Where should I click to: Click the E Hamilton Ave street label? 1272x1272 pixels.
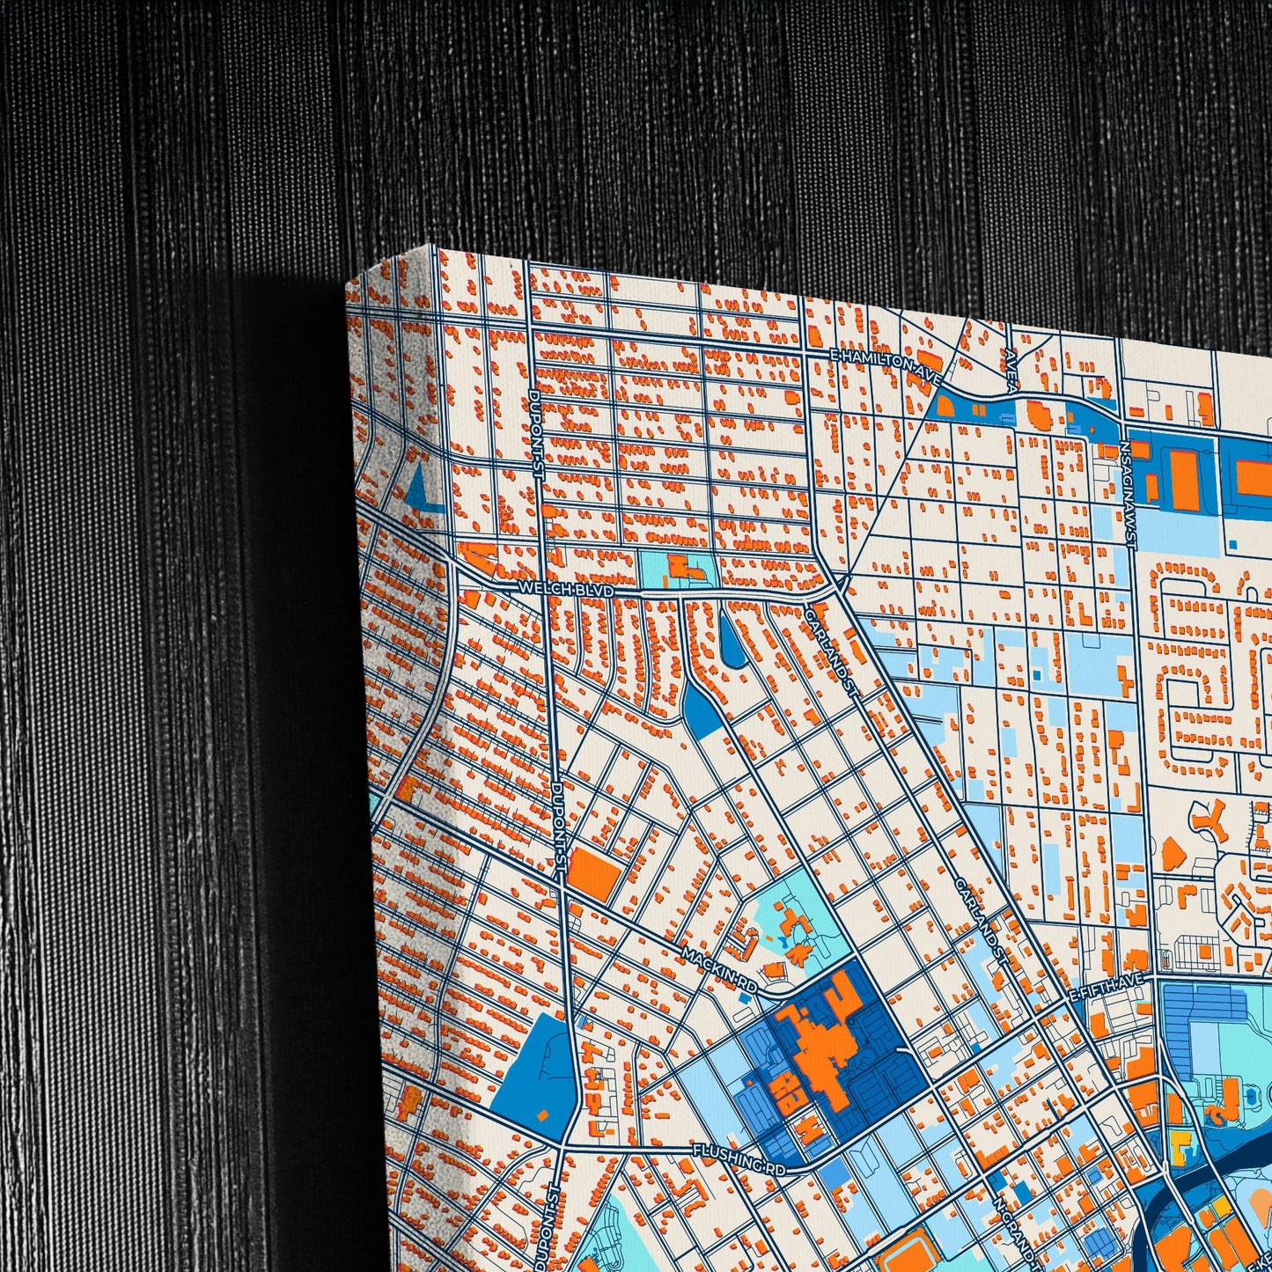click(x=885, y=363)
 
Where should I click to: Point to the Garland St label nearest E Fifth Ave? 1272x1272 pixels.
click(x=979, y=913)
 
